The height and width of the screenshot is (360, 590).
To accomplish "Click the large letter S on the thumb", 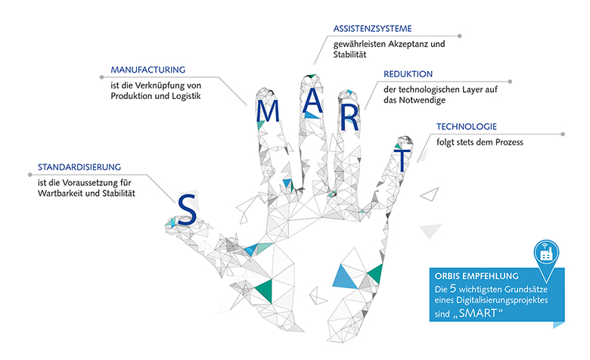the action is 187,209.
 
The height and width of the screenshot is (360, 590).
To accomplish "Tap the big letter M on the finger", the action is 268,111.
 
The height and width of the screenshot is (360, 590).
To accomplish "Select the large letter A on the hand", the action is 312,101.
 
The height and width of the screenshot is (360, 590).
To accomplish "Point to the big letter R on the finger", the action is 349,119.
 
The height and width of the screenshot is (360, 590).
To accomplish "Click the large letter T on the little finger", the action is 402,160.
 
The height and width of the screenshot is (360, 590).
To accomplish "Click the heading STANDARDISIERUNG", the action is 79,167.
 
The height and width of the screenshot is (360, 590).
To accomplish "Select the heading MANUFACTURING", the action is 147,70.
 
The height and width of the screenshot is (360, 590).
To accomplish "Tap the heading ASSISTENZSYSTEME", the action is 372,29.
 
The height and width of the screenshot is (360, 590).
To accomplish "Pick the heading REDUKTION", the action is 408,74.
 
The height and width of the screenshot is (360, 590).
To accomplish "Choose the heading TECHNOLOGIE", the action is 467,126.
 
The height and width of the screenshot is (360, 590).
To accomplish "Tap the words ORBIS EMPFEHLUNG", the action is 477,276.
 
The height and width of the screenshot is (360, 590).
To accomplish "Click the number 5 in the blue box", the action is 452,288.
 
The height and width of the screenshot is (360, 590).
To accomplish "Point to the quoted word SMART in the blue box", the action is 478,313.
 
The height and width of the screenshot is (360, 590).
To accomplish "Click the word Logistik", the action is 186,96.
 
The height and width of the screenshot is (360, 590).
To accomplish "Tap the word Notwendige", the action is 422,101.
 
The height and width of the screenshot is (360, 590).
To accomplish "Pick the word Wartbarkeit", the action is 61,194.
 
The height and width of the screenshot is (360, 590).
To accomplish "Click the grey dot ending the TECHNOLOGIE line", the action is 563,135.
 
